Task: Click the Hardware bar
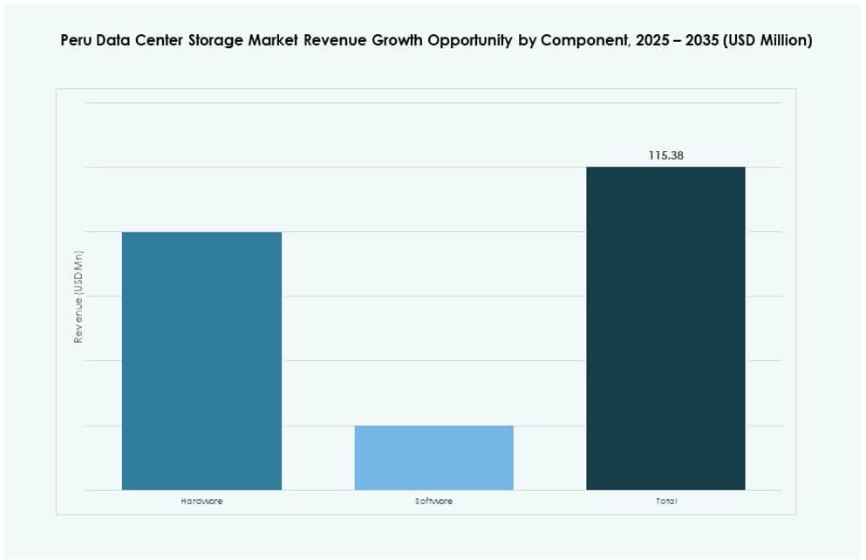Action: (x=201, y=360)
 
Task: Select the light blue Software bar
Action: (x=433, y=457)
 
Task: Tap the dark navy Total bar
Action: (x=665, y=328)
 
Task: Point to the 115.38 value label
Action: (x=665, y=155)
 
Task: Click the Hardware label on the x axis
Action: (x=201, y=502)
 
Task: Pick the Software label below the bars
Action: (x=433, y=502)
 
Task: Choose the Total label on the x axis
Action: (x=665, y=502)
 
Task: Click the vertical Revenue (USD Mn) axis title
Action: (x=78, y=297)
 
